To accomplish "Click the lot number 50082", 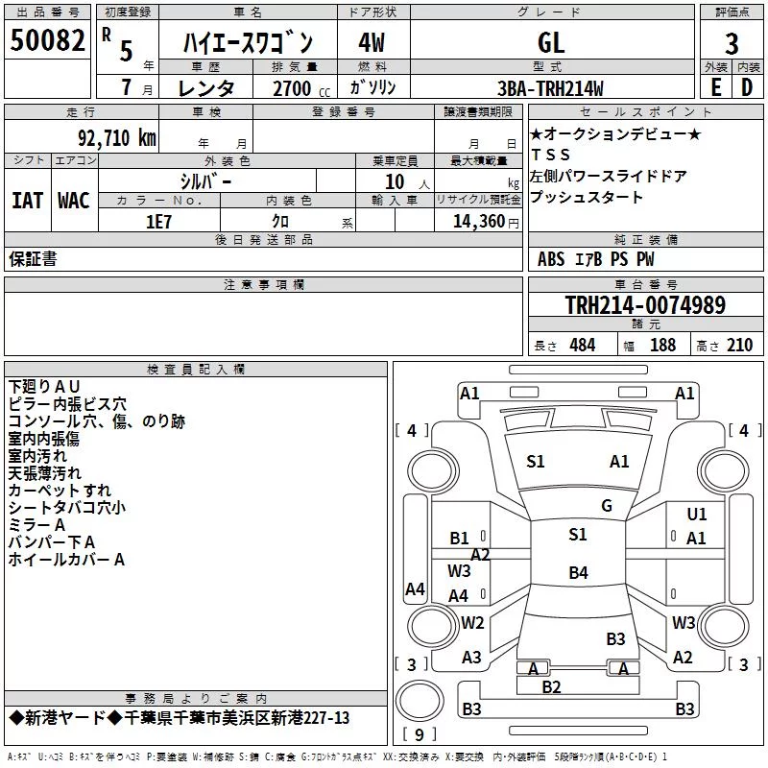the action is (x=47, y=40).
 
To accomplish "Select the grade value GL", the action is (x=551, y=42).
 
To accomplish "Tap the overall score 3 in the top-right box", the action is (x=732, y=44).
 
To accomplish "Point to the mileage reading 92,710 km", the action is (x=117, y=138).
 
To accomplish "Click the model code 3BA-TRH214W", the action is (x=550, y=88).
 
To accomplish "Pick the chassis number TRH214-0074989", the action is (x=645, y=305).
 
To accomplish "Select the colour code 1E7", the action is (x=158, y=222).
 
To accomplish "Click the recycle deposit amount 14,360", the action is (x=478, y=222).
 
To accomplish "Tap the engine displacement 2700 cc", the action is (x=301, y=88).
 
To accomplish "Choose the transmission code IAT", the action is (x=28, y=201).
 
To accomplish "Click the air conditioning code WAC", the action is (x=74, y=201).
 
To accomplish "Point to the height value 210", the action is (x=739, y=345).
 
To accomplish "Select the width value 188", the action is (x=662, y=345).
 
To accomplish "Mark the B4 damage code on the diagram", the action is (x=579, y=572).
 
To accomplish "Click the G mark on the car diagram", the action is (x=607, y=506).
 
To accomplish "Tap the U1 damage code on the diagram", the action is (x=697, y=515).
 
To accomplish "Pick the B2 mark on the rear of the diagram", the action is (x=551, y=687).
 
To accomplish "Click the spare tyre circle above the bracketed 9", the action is (x=420, y=700).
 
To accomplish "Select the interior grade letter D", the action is (x=747, y=87).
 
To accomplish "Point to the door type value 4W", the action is (x=372, y=42).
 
